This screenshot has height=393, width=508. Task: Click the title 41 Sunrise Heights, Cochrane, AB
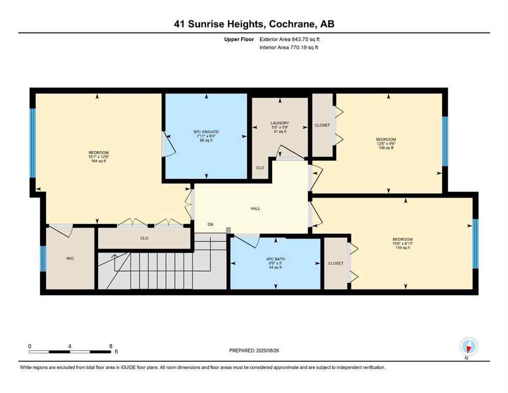click(x=254, y=24)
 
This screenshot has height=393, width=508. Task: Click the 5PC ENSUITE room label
click(x=206, y=132)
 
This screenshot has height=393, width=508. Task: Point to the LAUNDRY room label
click(x=280, y=123)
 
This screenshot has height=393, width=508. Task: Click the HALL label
click(x=255, y=208)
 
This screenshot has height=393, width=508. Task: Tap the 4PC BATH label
click(x=276, y=259)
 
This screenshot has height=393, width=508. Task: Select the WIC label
click(x=70, y=259)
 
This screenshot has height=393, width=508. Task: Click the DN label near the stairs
click(x=210, y=225)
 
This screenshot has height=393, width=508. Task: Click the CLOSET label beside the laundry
click(x=322, y=125)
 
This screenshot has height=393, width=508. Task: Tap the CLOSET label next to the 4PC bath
click(x=336, y=263)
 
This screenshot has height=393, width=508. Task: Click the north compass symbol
click(x=469, y=346)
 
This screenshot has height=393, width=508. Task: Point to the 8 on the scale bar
click(x=111, y=346)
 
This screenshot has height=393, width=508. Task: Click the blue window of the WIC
click(x=43, y=258)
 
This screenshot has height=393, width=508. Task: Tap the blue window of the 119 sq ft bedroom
click(x=475, y=244)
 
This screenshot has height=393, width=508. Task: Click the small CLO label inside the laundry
click(x=260, y=168)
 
